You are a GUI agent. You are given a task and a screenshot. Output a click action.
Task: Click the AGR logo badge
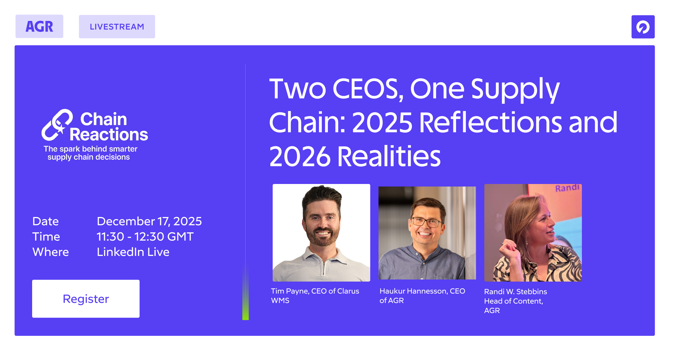[39, 26]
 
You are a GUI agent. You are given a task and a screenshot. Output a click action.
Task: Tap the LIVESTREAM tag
[117, 27]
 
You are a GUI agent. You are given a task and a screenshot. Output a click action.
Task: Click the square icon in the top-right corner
[643, 27]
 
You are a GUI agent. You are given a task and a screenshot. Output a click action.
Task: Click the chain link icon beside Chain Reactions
[57, 125]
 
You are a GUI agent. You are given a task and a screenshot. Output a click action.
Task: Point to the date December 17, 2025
[149, 221]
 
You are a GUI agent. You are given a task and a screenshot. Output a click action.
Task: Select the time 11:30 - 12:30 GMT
[145, 236]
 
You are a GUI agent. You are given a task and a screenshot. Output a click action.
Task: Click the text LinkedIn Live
[133, 252]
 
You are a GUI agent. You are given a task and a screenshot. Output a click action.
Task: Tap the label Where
[50, 252]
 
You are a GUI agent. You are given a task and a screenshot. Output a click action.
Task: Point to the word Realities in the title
[389, 156]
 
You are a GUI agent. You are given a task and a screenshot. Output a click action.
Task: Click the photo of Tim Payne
[321, 233]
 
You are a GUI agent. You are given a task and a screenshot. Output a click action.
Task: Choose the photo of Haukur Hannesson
[427, 233]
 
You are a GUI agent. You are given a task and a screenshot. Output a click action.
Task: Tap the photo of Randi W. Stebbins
[533, 233]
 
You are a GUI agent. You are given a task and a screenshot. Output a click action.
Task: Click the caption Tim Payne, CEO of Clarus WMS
[315, 296]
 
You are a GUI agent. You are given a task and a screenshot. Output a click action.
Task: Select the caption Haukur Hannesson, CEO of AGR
[422, 296]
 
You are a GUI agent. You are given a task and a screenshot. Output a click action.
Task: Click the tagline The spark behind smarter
[90, 149]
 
